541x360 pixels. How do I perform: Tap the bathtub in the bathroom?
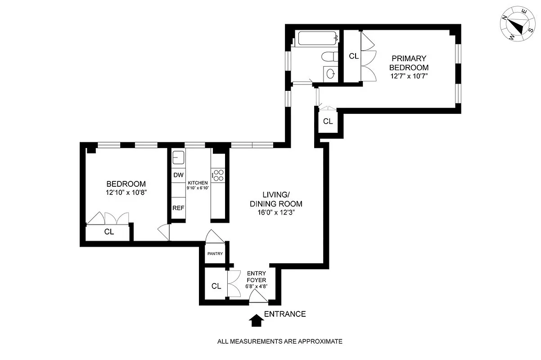[x=317, y=39]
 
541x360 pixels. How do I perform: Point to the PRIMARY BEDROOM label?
[x=409, y=63]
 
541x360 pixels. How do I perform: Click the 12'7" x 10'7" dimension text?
[x=409, y=76]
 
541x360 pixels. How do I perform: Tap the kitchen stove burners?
[x=218, y=175]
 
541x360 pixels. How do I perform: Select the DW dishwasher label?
[x=178, y=175]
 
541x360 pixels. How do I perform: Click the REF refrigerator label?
[x=178, y=208]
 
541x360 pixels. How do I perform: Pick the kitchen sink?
[x=178, y=157]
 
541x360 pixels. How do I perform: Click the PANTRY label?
[x=215, y=254]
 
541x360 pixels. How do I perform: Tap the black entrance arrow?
[x=257, y=320]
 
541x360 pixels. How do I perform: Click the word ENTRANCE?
[x=285, y=314]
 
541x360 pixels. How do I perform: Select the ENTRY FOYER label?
[x=256, y=276]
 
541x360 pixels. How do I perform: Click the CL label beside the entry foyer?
[x=216, y=286]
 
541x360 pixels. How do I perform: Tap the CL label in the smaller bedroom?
[x=109, y=232]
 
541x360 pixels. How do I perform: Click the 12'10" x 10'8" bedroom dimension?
[x=126, y=192]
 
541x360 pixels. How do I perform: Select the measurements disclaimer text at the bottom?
[x=280, y=341]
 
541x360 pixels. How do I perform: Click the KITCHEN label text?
[x=198, y=183]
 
